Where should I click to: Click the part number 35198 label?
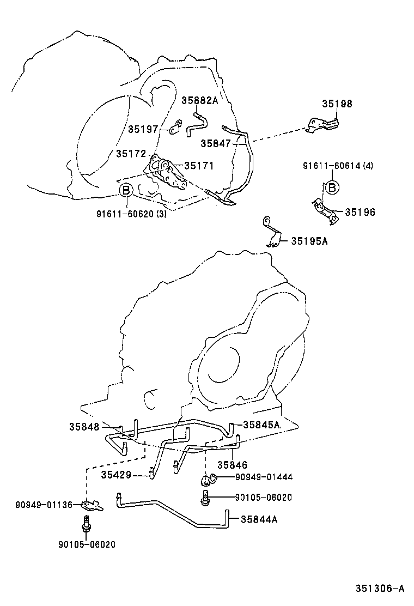tap(337, 104)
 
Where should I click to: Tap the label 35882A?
tap(199, 101)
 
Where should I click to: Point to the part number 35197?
tap(143, 129)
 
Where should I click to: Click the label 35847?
tap(216, 143)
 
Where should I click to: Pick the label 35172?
tap(131, 154)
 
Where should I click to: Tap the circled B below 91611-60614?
tap(331, 187)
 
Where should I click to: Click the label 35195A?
tap(309, 241)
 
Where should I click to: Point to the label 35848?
tap(84, 427)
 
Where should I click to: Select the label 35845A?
tap(261, 425)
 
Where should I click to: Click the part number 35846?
tap(232, 465)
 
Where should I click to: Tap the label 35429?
tap(115, 475)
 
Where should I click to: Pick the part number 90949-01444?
tap(264, 477)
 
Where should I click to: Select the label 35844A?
tap(259, 519)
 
